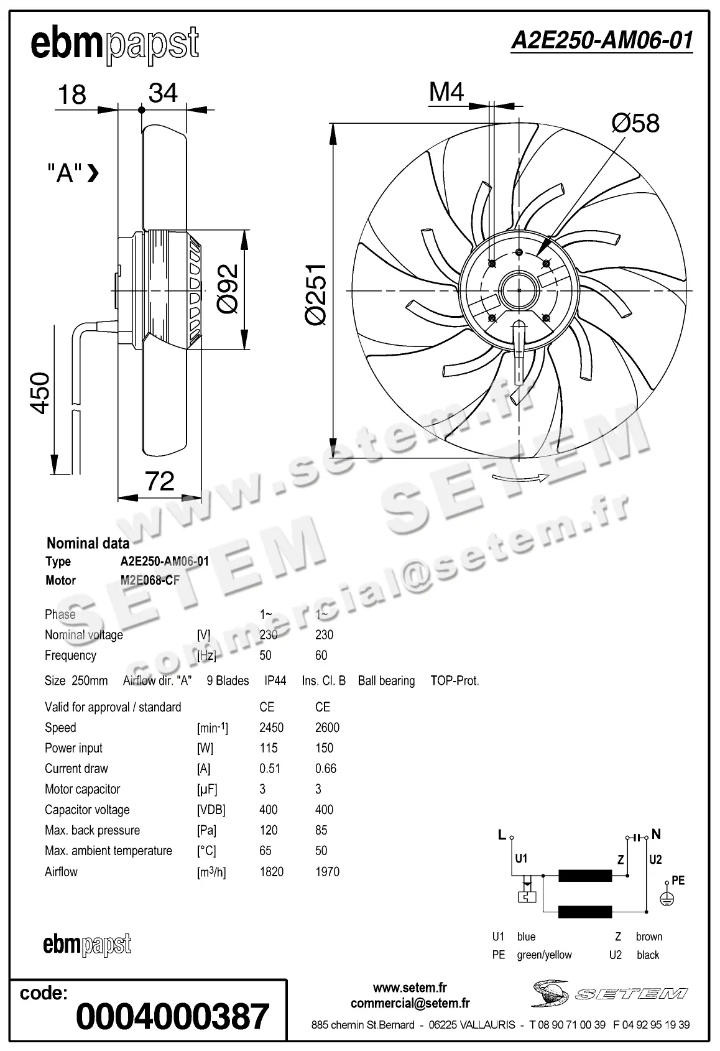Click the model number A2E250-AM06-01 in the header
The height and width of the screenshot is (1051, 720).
click(x=601, y=40)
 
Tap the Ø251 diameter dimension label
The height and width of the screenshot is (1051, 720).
click(x=316, y=293)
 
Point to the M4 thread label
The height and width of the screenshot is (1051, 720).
click(x=446, y=92)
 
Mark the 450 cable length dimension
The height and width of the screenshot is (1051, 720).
click(x=40, y=392)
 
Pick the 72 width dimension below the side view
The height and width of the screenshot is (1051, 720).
click(x=159, y=481)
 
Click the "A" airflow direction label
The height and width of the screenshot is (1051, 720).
click(x=65, y=174)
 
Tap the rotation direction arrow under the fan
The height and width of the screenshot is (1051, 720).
click(x=520, y=478)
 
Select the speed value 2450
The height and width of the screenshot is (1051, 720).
click(x=271, y=728)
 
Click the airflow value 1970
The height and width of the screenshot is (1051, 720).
click(x=327, y=872)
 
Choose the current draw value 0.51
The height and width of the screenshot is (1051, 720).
click(x=270, y=769)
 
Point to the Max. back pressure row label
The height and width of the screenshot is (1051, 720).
click(x=92, y=830)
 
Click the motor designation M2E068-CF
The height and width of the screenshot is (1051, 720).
click(x=150, y=580)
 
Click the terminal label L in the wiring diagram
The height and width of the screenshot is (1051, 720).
click(x=502, y=835)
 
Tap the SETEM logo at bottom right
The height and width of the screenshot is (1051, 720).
click(x=609, y=993)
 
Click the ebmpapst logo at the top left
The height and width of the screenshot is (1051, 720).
click(x=115, y=45)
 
